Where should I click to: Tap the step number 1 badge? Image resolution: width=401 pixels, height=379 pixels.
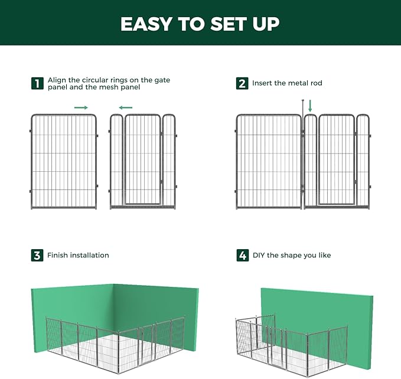[x=37, y=84]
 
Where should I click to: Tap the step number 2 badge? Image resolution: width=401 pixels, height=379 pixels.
[x=242, y=84]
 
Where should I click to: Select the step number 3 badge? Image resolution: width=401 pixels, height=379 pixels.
[x=37, y=256]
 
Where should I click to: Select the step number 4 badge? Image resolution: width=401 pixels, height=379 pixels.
[x=242, y=256]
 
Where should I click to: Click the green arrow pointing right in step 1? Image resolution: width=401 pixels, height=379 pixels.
[x=81, y=107]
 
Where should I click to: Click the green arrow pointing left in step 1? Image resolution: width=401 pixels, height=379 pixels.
[x=125, y=107]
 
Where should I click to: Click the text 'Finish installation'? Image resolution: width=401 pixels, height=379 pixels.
[x=78, y=256]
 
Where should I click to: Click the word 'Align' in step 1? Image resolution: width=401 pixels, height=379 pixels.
[x=57, y=80]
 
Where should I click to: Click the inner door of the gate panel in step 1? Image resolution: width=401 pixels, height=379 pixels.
[x=143, y=159]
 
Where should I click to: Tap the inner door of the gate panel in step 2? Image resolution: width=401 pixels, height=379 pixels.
[x=336, y=159]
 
